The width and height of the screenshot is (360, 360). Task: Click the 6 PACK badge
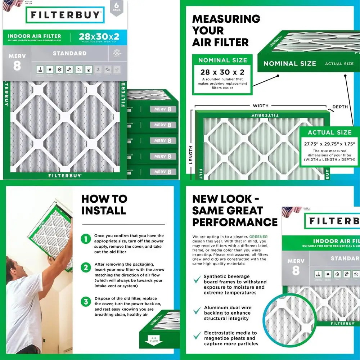coord(116,7)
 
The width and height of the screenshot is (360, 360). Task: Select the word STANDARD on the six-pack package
coord(69,53)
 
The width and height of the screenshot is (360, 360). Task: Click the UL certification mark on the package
coord(116,53)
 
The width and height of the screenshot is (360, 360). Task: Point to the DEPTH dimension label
coord(340,107)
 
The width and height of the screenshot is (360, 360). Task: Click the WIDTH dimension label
coord(261,106)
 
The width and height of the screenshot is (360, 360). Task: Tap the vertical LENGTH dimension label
coord(190,154)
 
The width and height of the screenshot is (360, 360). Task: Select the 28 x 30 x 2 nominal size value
coord(222,72)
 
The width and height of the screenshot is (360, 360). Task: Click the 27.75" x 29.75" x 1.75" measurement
coord(329,144)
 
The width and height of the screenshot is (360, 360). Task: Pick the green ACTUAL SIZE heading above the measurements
coord(329,132)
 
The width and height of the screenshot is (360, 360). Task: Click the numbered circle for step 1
coord(86,239)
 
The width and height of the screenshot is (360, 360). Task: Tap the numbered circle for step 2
coord(86,267)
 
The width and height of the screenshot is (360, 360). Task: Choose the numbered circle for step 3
coord(86,301)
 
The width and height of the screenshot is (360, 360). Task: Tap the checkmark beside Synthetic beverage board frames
coord(197,279)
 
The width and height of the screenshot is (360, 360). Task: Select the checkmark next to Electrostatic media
coord(197,336)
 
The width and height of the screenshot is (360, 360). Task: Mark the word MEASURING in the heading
coord(226,19)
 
